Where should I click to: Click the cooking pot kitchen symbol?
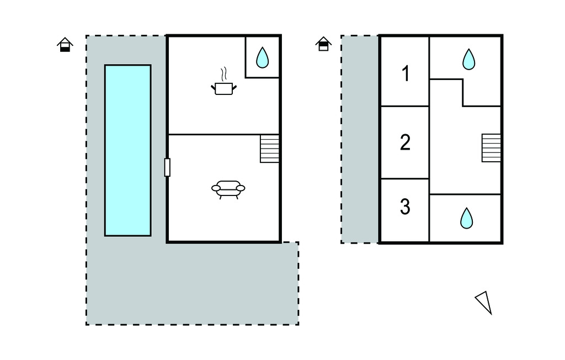point(224,88)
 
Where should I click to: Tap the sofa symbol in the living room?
point(228,189)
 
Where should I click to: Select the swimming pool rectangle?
point(127,150)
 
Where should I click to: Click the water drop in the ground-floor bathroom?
point(262,57)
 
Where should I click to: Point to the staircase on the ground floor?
point(269,149)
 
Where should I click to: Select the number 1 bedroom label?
point(406,73)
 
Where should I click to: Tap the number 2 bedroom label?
point(405,142)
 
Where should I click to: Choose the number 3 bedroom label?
point(405,207)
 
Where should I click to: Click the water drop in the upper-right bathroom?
point(469,59)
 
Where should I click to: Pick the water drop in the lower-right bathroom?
point(467,218)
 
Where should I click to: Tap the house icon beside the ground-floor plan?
point(65,45)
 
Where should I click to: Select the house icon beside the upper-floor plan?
point(323,44)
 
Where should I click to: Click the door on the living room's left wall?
point(167,167)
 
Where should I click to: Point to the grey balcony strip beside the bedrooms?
point(360,139)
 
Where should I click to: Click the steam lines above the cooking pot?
point(224,73)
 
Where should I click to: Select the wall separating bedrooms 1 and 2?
point(405,107)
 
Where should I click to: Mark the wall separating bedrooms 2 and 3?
point(405,178)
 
